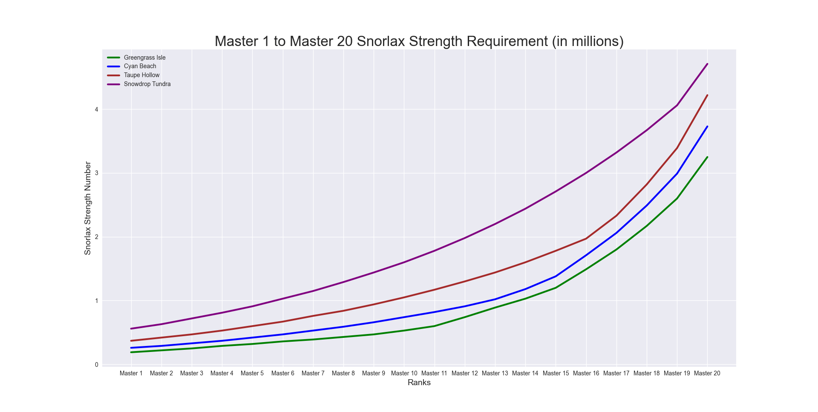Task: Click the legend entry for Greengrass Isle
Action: pos(144,58)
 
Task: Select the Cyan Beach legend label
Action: pos(140,66)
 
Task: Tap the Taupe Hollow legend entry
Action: pos(141,75)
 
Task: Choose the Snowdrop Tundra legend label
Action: pos(147,84)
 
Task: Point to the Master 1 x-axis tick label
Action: pos(131,373)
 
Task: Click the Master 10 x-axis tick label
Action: pos(404,373)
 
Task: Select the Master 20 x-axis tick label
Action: pos(707,373)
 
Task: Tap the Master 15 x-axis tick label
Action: pos(556,373)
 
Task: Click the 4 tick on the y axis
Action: pos(97,109)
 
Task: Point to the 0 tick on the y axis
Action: pos(97,365)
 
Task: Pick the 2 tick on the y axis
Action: pos(97,237)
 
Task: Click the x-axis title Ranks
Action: pos(419,383)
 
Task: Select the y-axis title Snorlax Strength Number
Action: pos(88,208)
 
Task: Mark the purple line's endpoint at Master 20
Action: pos(707,64)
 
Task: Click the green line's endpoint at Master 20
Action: pos(707,157)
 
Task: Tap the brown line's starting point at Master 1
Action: pos(131,341)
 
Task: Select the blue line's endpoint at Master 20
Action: pos(707,127)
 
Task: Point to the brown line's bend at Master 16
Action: pos(586,239)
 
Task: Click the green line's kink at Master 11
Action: pos(434,326)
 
